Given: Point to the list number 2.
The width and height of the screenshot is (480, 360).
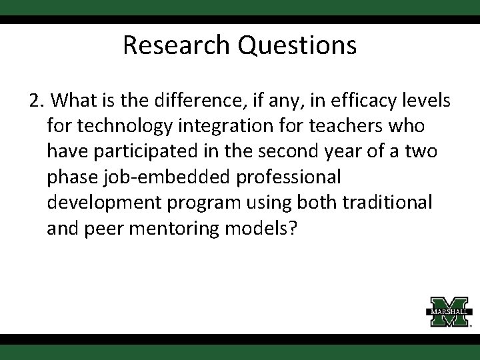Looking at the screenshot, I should pos(36,101).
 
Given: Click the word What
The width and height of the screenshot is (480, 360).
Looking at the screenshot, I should pos(74,101).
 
